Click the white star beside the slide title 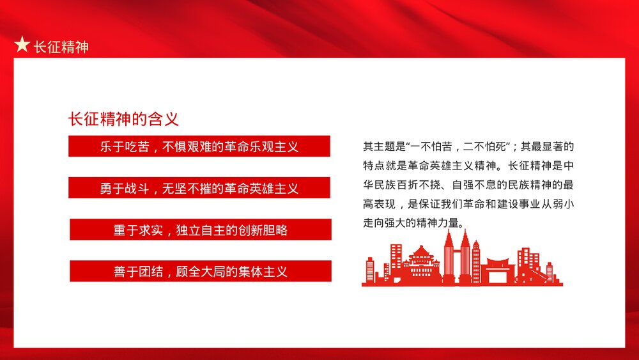click(x=22, y=45)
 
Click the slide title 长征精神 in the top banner click(x=61, y=47)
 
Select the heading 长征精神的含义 click(x=123, y=119)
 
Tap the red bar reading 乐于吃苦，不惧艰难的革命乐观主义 click(x=199, y=146)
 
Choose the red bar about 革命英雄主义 click(x=199, y=188)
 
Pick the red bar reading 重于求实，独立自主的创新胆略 click(x=201, y=230)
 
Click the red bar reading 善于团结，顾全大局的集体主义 click(x=201, y=271)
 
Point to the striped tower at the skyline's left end click(x=369, y=271)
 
